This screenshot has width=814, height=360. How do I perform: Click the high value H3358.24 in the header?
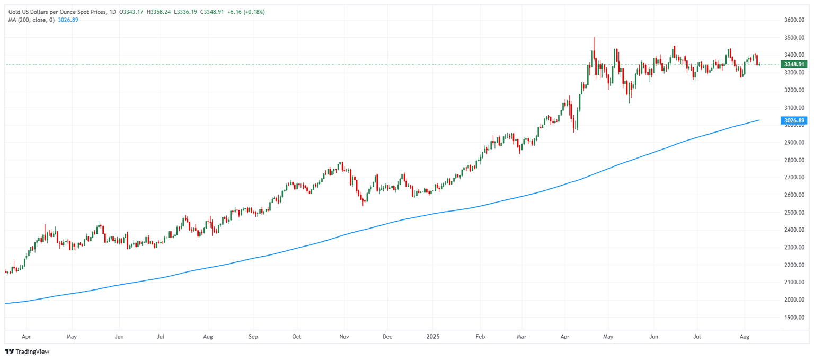pyautogui.click(x=161, y=12)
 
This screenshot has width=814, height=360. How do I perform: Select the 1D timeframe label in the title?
pyautogui.click(x=112, y=12)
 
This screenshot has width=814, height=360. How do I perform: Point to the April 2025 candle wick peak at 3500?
pyautogui.click(x=594, y=38)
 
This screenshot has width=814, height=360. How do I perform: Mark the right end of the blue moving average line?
pyautogui.click(x=759, y=120)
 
